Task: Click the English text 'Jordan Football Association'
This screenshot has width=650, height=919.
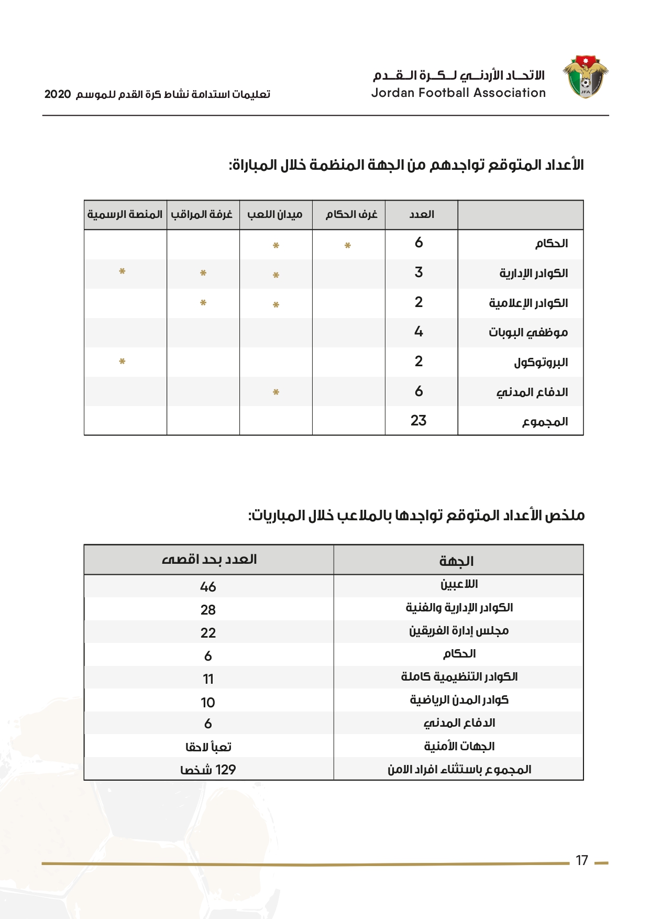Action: (458, 93)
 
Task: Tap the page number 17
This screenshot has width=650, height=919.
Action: (581, 860)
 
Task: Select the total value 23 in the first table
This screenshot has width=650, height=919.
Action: (418, 420)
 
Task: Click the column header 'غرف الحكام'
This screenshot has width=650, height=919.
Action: (351, 214)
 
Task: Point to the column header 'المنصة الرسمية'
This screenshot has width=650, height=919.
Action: (125, 214)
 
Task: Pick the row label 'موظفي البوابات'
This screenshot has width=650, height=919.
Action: (528, 332)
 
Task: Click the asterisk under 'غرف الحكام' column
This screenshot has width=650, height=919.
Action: (347, 245)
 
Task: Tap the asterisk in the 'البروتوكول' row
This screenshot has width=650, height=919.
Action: (122, 361)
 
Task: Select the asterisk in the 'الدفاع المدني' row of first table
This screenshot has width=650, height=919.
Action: (276, 392)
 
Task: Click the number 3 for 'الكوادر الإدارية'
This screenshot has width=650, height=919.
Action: (418, 272)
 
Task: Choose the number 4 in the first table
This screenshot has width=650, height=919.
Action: (418, 332)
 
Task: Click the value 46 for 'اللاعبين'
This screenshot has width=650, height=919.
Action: (208, 587)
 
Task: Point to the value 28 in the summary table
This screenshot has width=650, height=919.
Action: (208, 610)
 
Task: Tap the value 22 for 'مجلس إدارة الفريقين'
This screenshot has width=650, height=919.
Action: (208, 633)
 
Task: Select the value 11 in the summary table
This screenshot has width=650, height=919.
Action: (208, 679)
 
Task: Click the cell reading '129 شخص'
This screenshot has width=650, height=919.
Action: (208, 770)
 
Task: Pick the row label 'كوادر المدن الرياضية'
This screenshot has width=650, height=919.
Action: (459, 700)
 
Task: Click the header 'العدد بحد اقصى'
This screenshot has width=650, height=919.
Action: (209, 560)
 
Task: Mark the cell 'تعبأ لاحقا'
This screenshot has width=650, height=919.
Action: (208, 747)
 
